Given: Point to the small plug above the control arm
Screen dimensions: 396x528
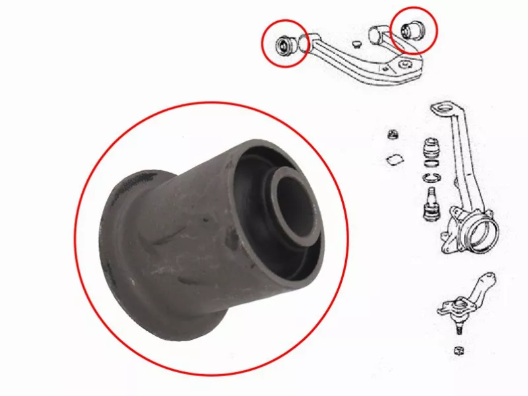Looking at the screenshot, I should tap(356, 44).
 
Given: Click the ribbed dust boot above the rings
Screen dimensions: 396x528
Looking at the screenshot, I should tap(430, 148).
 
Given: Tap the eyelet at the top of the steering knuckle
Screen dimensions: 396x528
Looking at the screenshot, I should tap(441, 110).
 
